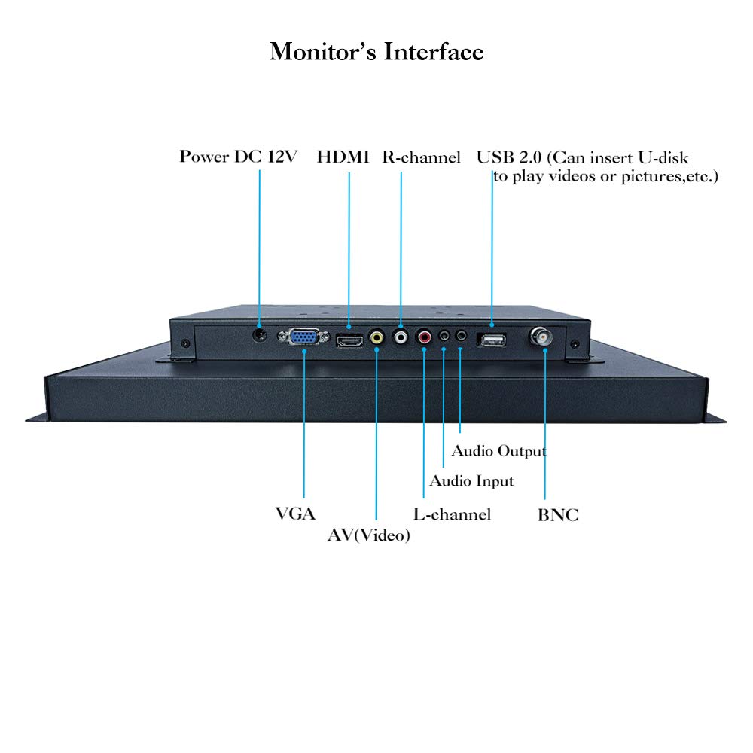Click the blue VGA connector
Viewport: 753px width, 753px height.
(x=303, y=337)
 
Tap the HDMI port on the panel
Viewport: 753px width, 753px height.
(x=349, y=341)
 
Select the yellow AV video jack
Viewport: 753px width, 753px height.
(x=376, y=337)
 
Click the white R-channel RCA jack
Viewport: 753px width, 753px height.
(x=400, y=336)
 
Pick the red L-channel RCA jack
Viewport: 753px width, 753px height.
(x=424, y=336)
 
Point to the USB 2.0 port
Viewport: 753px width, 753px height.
(x=491, y=340)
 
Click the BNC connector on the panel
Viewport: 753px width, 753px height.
(x=541, y=337)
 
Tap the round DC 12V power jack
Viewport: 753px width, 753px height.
(x=259, y=334)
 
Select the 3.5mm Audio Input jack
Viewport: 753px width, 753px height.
(x=444, y=335)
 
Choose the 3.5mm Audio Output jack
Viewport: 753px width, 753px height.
(x=461, y=334)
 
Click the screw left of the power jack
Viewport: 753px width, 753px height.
(x=185, y=343)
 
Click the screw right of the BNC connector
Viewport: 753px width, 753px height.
(x=575, y=344)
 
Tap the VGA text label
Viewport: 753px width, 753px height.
(x=295, y=514)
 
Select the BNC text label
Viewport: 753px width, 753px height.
(x=558, y=515)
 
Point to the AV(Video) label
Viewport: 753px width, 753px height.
(x=369, y=535)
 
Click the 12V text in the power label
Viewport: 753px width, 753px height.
(x=282, y=157)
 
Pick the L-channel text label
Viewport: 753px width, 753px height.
(x=452, y=514)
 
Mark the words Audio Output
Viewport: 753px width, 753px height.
(x=499, y=451)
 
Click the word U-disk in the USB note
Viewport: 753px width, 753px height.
(x=663, y=157)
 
